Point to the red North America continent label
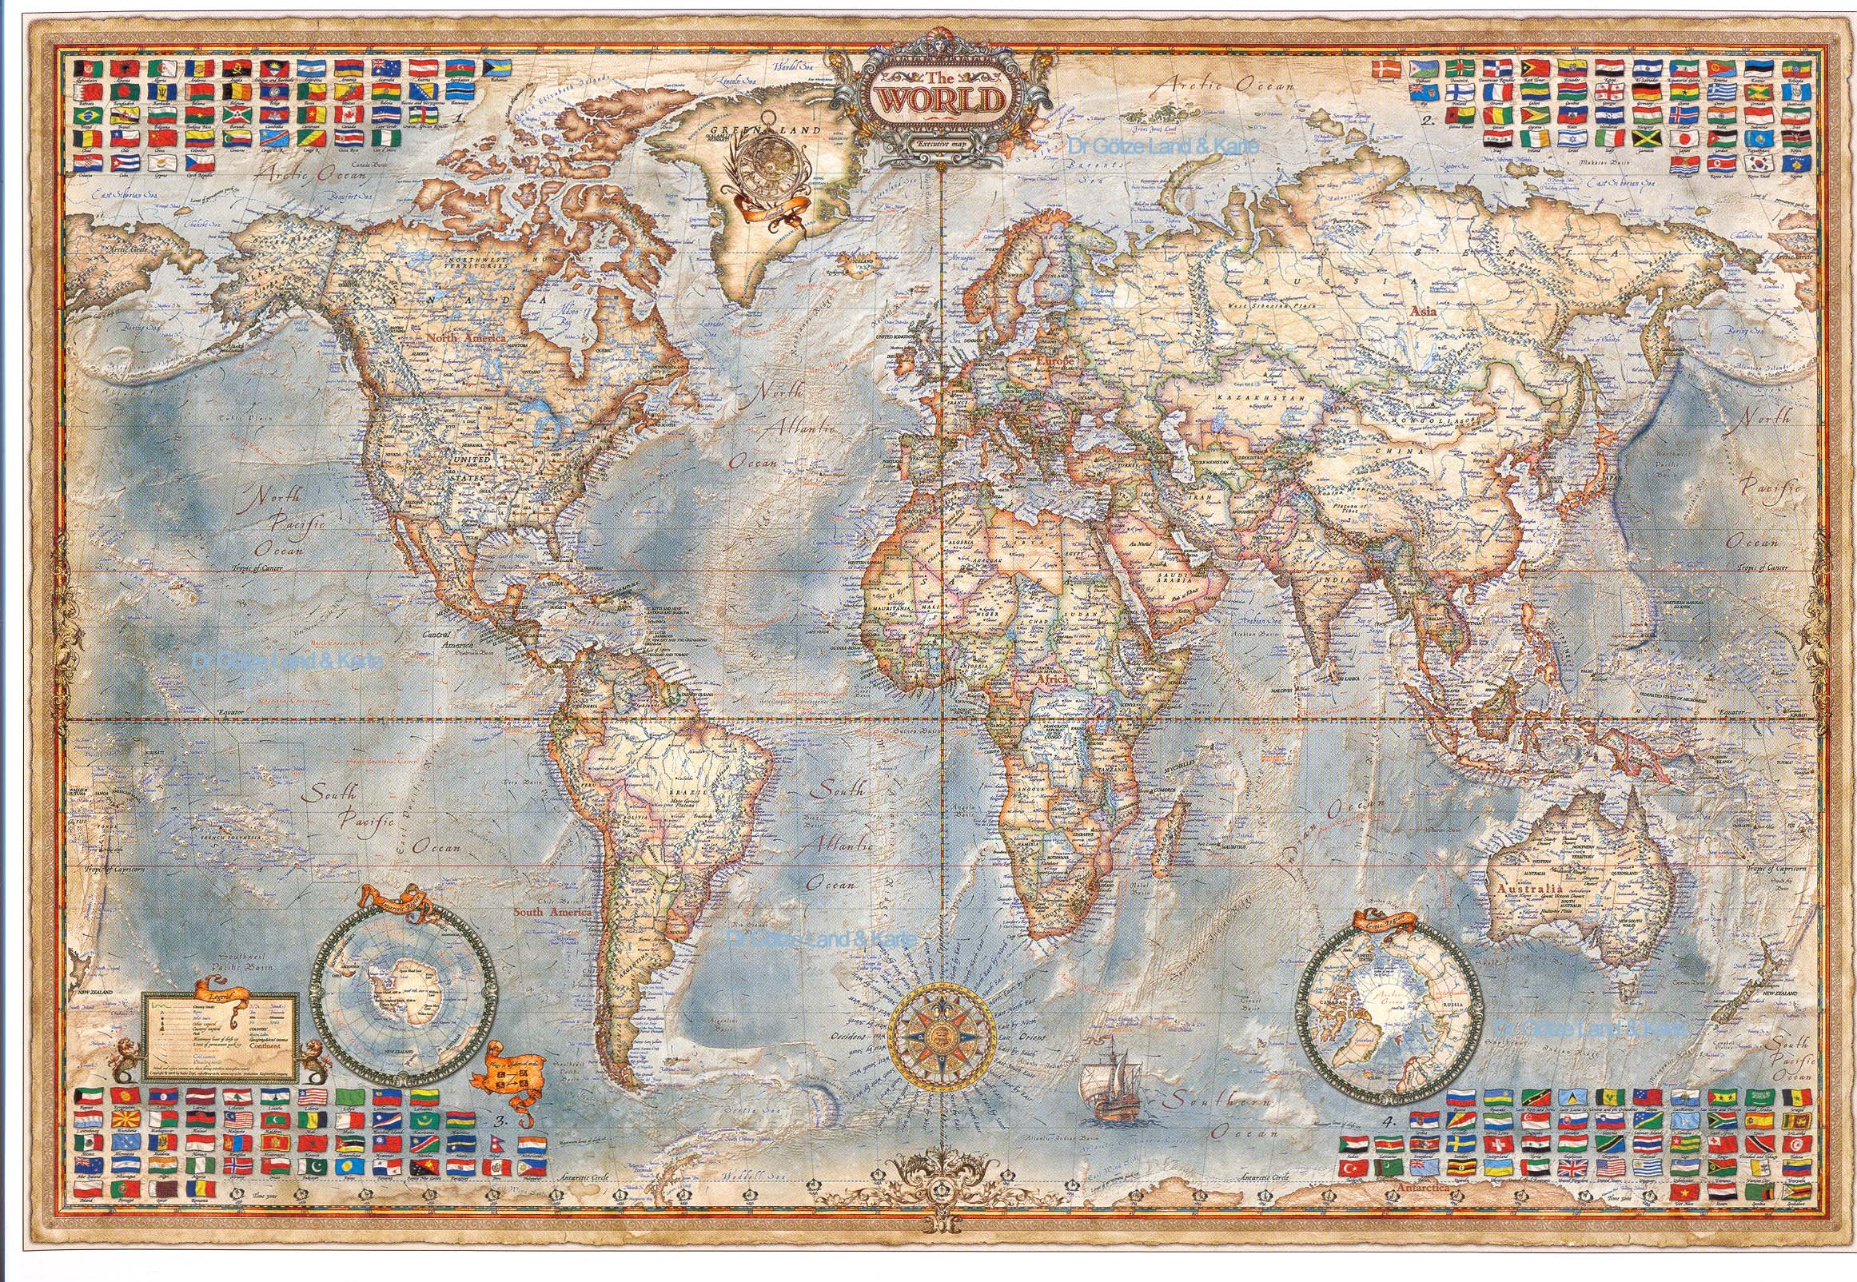[466, 339]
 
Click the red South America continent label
[552, 913]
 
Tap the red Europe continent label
[1054, 362]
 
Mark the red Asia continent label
[1423, 307]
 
